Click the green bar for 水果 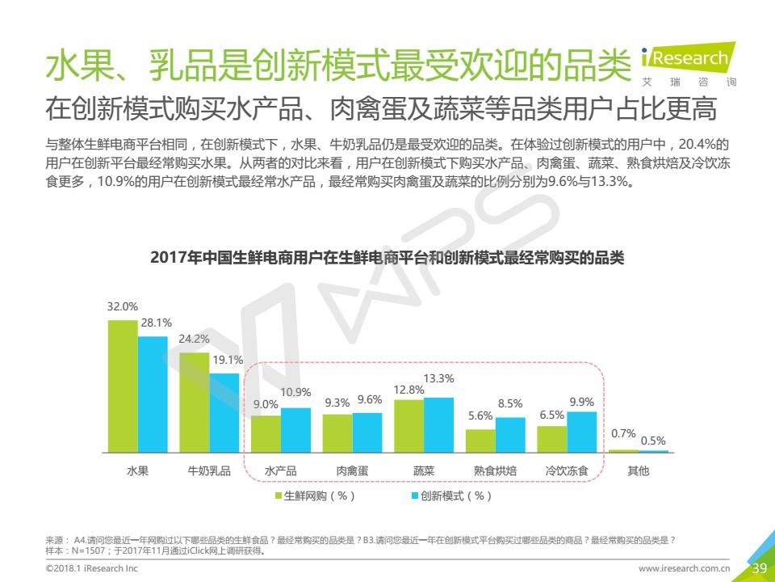point(123,386)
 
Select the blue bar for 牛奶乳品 point(224,412)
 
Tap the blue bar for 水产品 point(295,429)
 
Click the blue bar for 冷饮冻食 point(581,431)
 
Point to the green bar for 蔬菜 point(408,425)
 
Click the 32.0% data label point(123,307)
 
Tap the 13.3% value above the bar point(438,378)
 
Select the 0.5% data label point(653,441)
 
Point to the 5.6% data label point(480,415)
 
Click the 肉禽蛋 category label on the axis point(353,470)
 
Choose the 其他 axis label point(638,470)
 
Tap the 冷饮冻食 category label point(567,470)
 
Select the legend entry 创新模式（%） point(451,496)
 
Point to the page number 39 point(759,568)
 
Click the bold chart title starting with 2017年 point(387,259)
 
